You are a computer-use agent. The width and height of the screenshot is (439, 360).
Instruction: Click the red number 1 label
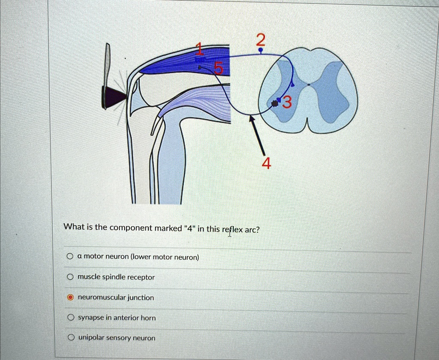pyautogui.click(x=199, y=49)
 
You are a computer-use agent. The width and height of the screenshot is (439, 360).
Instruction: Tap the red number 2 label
pyautogui.click(x=260, y=40)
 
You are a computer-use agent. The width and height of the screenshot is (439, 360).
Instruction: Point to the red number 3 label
pyautogui.click(x=287, y=102)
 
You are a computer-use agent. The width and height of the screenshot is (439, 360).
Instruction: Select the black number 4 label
pyautogui.click(x=266, y=163)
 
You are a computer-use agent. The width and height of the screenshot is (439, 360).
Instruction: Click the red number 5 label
pyautogui.click(x=219, y=68)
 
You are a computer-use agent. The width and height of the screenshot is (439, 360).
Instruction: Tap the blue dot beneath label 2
pyautogui.click(x=260, y=51)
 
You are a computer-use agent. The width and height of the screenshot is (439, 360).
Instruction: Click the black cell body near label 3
pyautogui.click(x=275, y=103)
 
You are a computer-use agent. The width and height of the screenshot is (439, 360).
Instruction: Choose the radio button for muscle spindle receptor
pyautogui.click(x=70, y=277)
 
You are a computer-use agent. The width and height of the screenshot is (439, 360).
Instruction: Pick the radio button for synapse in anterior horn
pyautogui.click(x=70, y=318)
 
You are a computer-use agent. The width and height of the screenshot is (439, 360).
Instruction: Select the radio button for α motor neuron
pyautogui.click(x=70, y=257)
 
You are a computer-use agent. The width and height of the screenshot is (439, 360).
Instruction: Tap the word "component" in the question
pyautogui.click(x=128, y=228)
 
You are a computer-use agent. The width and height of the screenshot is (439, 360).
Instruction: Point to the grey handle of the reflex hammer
pyautogui.click(x=107, y=64)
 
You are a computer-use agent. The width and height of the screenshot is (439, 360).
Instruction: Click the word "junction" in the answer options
pyautogui.click(x=140, y=297)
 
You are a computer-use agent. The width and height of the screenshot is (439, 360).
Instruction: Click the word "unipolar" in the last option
pyautogui.click(x=91, y=338)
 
